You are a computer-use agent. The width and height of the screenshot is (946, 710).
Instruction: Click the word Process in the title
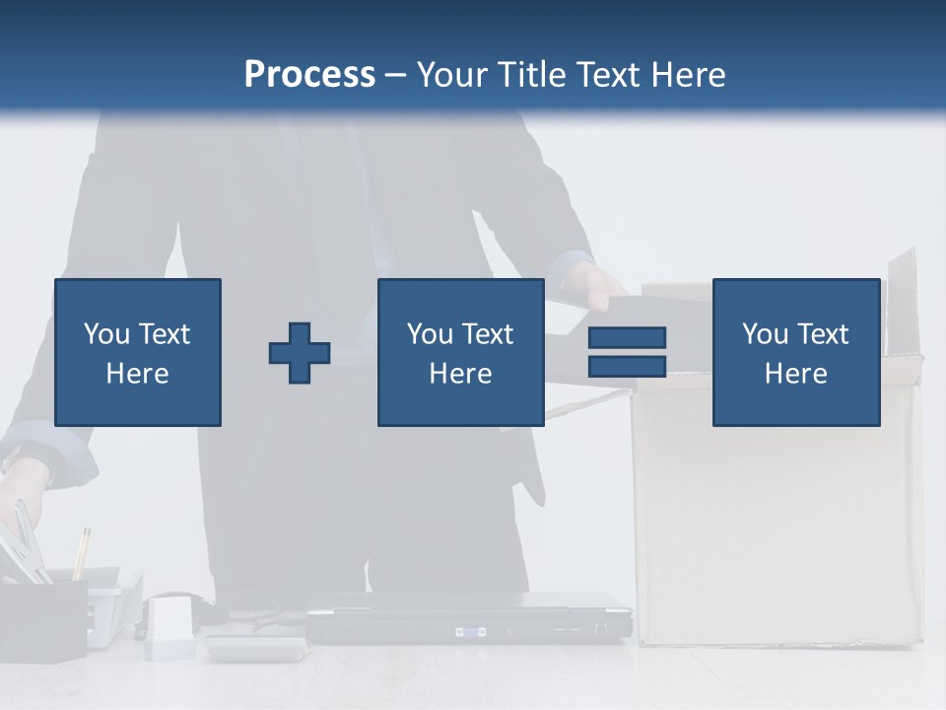click(x=309, y=75)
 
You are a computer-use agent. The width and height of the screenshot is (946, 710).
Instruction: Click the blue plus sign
click(x=300, y=352)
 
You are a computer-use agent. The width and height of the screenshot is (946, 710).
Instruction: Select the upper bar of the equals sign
click(x=627, y=337)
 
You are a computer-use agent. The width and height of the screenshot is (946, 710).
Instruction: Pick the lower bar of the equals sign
click(x=627, y=366)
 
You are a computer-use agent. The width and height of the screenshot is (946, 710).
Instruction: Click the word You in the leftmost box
click(x=106, y=334)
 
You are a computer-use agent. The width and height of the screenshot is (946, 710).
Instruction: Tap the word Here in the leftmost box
click(x=137, y=374)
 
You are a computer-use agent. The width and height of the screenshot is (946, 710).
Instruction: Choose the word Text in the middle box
click(x=488, y=334)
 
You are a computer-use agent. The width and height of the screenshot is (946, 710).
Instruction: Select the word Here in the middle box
click(x=460, y=374)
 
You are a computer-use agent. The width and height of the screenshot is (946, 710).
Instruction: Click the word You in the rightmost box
click(x=765, y=334)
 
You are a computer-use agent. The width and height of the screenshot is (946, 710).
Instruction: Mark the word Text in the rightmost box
click(x=823, y=334)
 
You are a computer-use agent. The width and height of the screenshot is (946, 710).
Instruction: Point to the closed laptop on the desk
click(x=468, y=616)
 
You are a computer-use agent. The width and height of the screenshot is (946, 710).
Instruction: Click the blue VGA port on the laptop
click(x=470, y=630)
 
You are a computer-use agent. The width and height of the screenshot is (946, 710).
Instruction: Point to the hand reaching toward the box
click(x=598, y=285)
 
